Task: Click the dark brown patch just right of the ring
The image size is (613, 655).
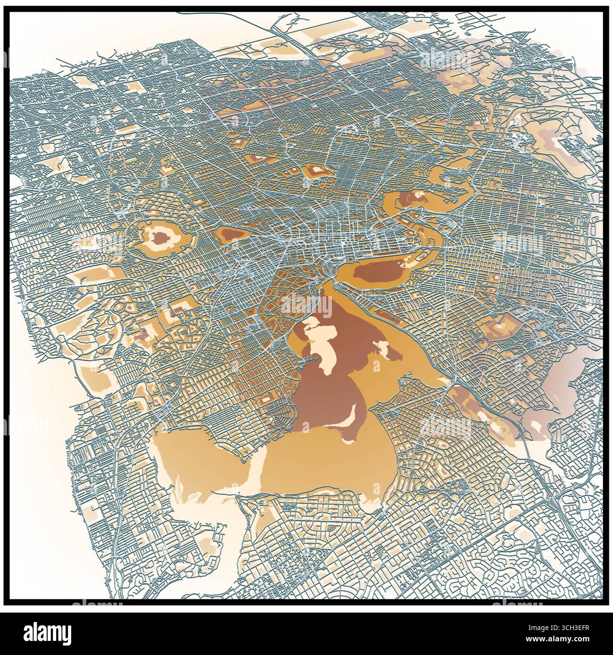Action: click(x=231, y=233)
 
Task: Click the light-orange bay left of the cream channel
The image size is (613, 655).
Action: click(x=203, y=462)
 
